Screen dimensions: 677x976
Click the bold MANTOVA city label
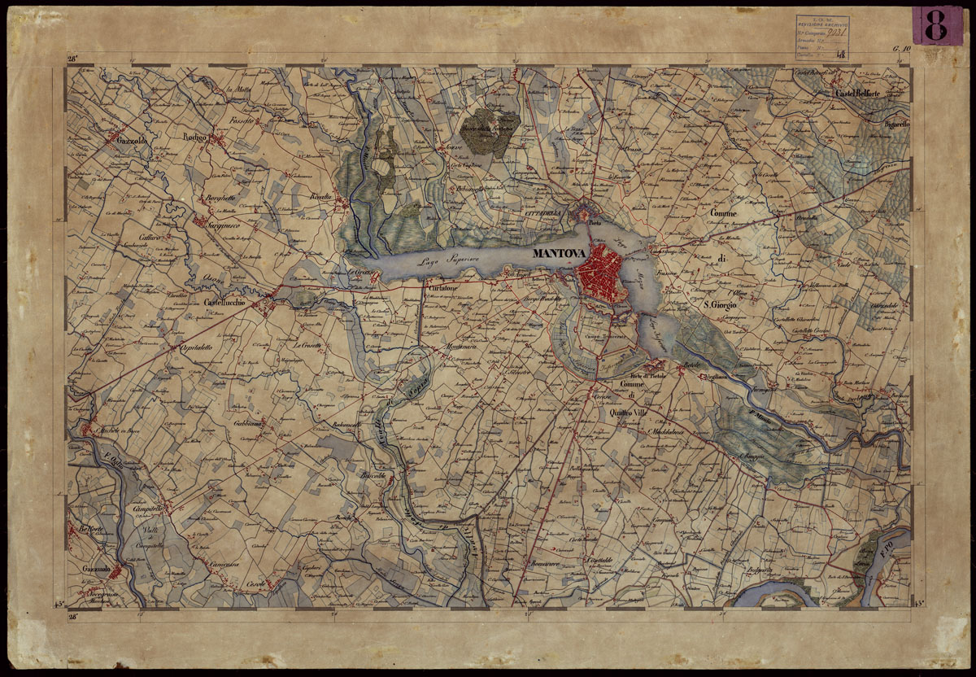point(558,254)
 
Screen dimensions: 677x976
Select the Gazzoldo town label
point(129,141)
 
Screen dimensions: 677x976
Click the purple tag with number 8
point(936,25)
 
